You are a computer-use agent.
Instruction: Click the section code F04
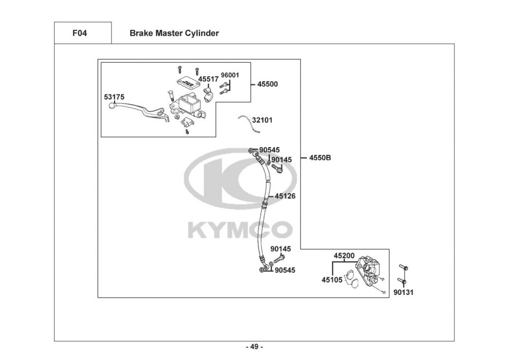pos(80,34)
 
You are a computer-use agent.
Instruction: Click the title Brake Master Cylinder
pos(174,34)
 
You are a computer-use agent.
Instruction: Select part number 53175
pos(115,96)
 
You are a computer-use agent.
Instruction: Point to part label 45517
pos(208,79)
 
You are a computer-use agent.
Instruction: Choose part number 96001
pos(230,75)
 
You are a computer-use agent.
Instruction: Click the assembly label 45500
pos(268,84)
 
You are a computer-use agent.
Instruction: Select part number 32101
pos(263,121)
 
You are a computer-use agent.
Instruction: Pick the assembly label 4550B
pos(320,158)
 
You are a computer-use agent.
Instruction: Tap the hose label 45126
pos(286,196)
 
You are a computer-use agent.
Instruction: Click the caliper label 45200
pos(344,256)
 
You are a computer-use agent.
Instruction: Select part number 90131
pos(403,292)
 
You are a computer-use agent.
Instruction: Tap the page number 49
pos(254,347)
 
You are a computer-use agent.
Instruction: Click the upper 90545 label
pos(269,150)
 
